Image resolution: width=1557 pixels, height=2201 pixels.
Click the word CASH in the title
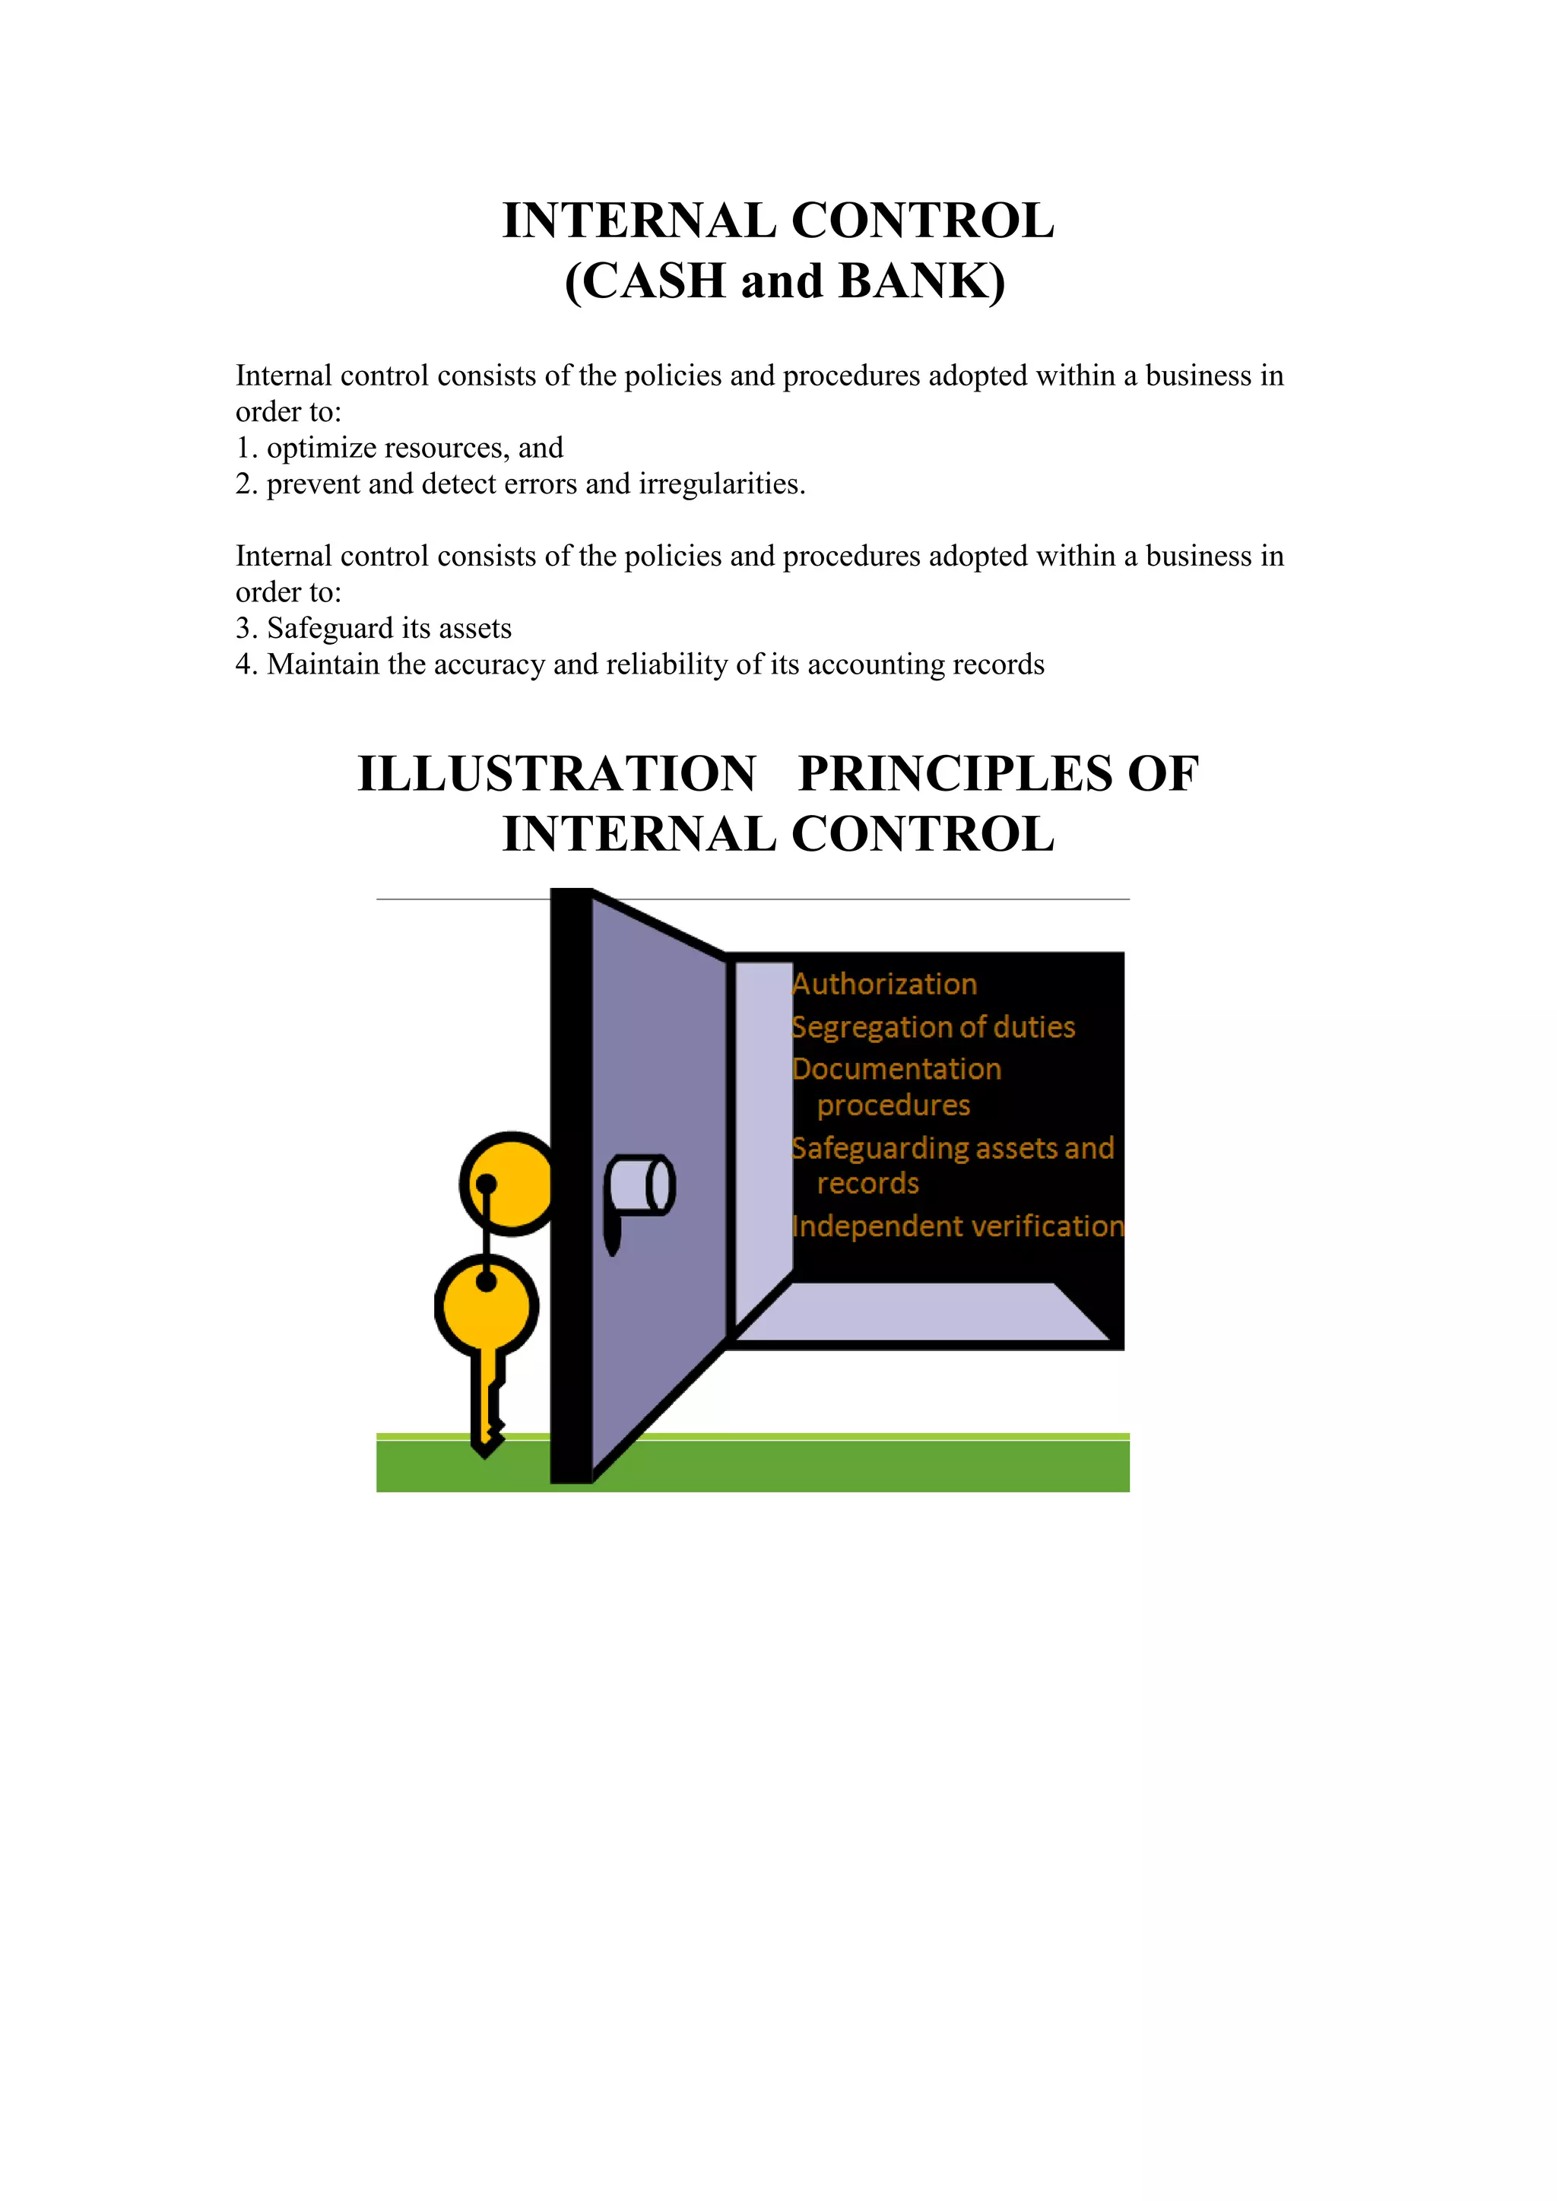click(653, 282)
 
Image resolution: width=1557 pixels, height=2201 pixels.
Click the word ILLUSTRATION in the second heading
click(556, 774)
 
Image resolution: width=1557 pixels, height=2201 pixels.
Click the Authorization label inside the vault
click(884, 985)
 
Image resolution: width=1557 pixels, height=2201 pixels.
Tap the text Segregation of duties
click(933, 1028)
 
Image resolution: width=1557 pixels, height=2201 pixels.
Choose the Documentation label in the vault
click(896, 1069)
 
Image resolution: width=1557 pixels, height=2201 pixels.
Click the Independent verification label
click(957, 1226)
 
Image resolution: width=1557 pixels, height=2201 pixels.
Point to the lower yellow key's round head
click(487, 1305)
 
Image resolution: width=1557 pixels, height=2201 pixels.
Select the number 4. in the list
click(246, 664)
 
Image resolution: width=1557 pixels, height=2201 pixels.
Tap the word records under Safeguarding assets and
click(867, 1184)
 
